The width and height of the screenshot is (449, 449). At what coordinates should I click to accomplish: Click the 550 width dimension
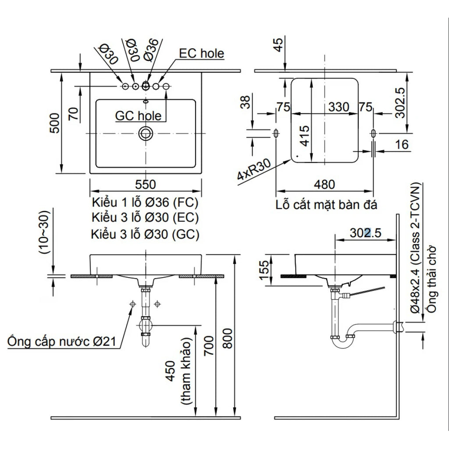pyautogui.click(x=146, y=184)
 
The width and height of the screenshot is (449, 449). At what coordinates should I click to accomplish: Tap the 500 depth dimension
pyautogui.click(x=55, y=123)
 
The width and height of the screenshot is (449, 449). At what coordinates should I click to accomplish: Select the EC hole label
pyautogui.click(x=201, y=53)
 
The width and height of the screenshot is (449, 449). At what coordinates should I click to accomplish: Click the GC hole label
pyautogui.click(x=138, y=116)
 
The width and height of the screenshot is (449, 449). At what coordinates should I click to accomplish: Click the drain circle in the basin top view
pyautogui.click(x=146, y=133)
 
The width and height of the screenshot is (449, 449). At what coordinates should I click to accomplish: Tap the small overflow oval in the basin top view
pyautogui.click(x=146, y=101)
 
